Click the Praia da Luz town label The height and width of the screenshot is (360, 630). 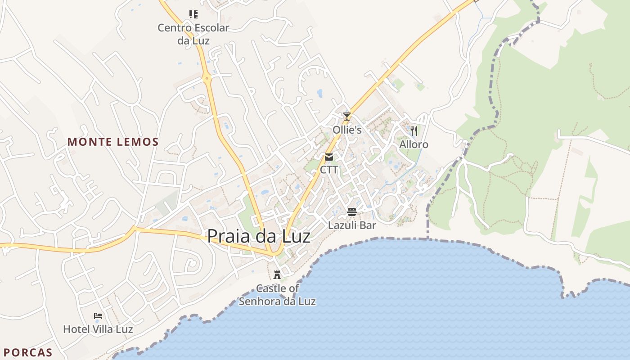[x=259, y=236]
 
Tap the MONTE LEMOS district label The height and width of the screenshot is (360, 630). [x=113, y=142]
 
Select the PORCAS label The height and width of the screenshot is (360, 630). [x=28, y=352]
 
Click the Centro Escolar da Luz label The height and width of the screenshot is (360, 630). [x=193, y=34]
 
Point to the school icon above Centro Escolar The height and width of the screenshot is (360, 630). [x=193, y=14]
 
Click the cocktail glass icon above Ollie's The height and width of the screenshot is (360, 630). [x=346, y=117]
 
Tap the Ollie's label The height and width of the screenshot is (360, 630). [x=347, y=130]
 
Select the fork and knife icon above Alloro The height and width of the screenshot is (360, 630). [x=414, y=131]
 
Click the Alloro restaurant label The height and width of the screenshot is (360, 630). [x=414, y=144]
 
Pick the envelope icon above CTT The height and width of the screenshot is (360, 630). [x=329, y=157]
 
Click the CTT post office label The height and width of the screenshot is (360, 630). [x=329, y=170]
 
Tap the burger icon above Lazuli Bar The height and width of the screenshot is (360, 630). [x=352, y=212]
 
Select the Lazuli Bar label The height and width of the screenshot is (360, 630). [x=352, y=225]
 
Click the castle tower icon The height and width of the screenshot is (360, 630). [x=277, y=275]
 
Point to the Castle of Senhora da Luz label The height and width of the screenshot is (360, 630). [x=277, y=295]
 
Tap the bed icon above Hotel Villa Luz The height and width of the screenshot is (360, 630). [x=98, y=316]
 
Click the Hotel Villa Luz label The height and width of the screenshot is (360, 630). [x=98, y=329]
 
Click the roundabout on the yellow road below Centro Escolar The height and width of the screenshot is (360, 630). [x=207, y=78]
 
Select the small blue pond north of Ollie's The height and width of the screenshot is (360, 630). [x=320, y=93]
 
